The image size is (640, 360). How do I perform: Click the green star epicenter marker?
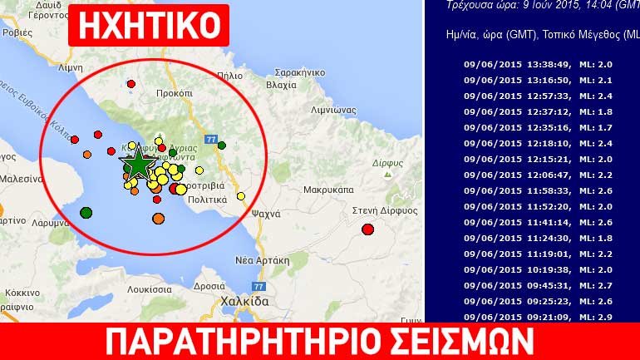click(136, 165)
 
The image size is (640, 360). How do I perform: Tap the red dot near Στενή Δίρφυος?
click(368, 229)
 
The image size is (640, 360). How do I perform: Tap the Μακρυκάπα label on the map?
click(327, 189)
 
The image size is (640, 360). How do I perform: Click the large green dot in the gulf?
click(86, 213)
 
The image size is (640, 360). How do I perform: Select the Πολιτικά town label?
click(208, 200)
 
